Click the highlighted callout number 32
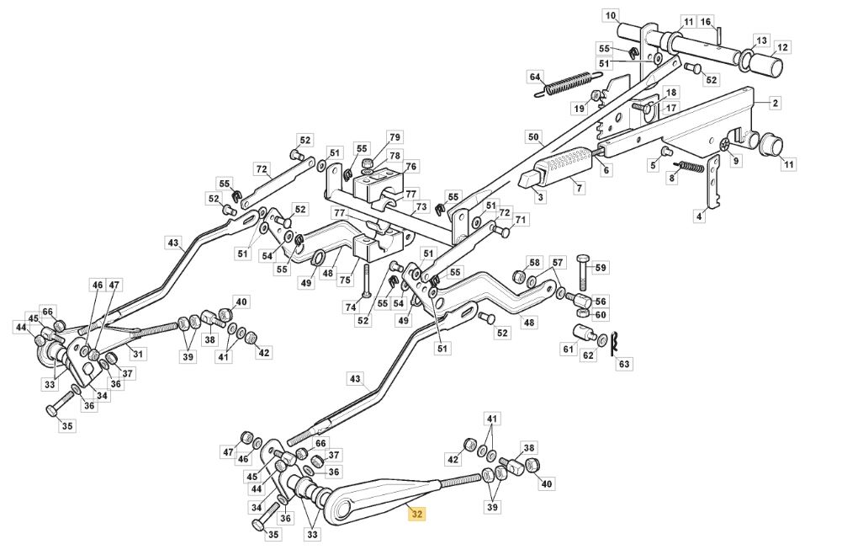(x=416, y=514)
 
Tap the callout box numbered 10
(x=611, y=16)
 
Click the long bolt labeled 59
(x=583, y=272)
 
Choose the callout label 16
(x=706, y=22)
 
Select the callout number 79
(x=395, y=137)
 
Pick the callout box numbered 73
(x=421, y=206)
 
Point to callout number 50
(x=532, y=137)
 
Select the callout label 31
(x=139, y=354)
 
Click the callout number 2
(x=775, y=103)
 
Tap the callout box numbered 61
(x=568, y=349)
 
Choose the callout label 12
(x=782, y=47)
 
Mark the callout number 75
(x=345, y=280)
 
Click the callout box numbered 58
(x=535, y=263)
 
